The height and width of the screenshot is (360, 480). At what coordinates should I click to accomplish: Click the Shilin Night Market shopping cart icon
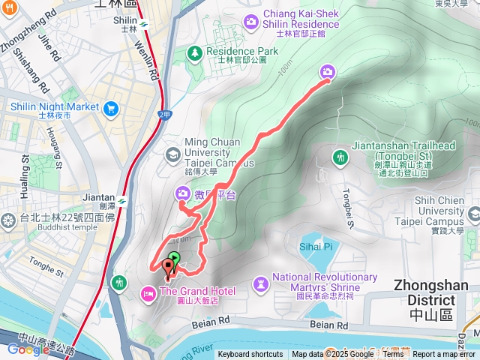111,107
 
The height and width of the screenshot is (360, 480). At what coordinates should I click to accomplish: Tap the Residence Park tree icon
195,52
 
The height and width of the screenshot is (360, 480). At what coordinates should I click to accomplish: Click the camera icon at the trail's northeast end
328,71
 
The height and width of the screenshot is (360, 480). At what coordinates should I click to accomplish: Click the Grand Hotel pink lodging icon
148,291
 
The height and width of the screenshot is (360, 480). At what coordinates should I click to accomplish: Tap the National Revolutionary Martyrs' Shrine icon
260,283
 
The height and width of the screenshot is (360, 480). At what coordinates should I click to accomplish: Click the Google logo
28,349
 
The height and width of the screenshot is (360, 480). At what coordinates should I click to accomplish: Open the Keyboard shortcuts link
250,355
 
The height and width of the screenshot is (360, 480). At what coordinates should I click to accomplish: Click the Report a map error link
445,355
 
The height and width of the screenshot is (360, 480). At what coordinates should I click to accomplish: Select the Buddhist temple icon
8,220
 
